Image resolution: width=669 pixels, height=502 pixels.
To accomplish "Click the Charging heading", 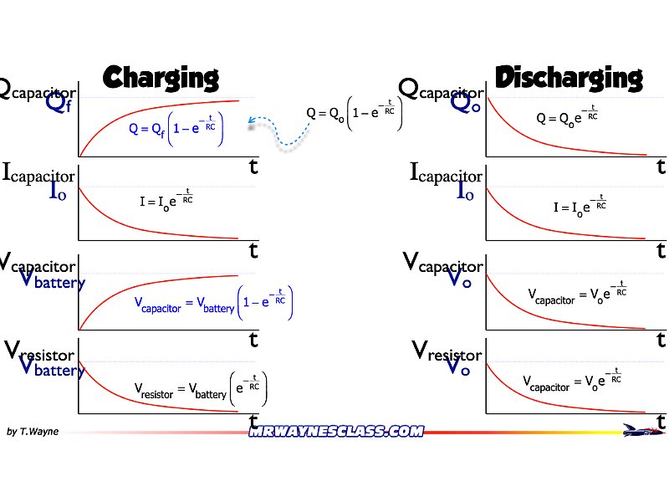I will pyautogui.click(x=160, y=78).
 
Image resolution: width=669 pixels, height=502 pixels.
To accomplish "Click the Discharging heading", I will pyautogui.click(x=569, y=78).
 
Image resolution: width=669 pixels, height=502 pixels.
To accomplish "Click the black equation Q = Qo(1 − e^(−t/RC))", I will pyautogui.click(x=355, y=113).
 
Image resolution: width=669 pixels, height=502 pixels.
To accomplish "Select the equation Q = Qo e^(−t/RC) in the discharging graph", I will pyautogui.click(x=567, y=116).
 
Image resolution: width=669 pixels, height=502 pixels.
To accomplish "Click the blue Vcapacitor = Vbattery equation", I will pyautogui.click(x=213, y=306).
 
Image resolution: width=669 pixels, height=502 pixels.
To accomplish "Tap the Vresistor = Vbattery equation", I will pyautogui.click(x=201, y=389).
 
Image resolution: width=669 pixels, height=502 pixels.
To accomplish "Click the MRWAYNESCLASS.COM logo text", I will pyautogui.click(x=336, y=432).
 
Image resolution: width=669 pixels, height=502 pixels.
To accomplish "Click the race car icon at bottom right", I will pyautogui.click(x=641, y=430).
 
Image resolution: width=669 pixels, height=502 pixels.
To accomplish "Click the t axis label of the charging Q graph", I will pyautogui.click(x=253, y=166).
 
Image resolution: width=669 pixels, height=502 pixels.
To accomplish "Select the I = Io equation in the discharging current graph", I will pyautogui.click(x=580, y=206).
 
